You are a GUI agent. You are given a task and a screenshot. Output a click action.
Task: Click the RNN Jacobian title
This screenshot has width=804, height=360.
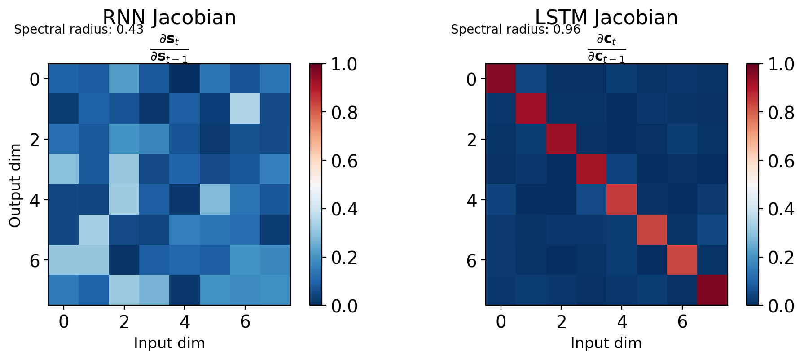click(169, 18)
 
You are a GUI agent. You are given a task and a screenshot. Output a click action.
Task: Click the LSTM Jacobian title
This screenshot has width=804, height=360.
click(606, 18)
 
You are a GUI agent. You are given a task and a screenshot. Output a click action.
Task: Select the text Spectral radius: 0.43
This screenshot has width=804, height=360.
click(79, 30)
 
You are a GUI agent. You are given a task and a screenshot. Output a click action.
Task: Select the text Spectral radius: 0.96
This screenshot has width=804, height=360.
click(515, 30)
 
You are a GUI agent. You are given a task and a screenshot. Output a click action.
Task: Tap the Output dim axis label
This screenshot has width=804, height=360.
click(15, 185)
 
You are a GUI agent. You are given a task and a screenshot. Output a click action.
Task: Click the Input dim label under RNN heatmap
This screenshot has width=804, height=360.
click(169, 343)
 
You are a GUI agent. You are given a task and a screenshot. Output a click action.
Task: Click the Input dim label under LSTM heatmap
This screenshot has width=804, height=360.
click(606, 343)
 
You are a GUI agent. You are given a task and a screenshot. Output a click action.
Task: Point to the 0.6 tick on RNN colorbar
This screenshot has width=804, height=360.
click(344, 161)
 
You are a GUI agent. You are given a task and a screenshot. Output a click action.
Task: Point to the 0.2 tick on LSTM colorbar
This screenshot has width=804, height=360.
click(781, 258)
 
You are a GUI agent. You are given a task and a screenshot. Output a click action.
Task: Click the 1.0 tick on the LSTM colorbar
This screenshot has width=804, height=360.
click(781, 65)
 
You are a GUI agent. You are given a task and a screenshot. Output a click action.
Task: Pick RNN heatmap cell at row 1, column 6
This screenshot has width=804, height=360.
click(245, 109)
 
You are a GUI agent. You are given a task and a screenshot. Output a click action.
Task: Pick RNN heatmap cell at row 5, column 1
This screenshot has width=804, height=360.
click(94, 230)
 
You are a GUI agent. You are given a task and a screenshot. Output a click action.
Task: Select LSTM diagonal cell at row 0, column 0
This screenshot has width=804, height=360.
click(501, 79)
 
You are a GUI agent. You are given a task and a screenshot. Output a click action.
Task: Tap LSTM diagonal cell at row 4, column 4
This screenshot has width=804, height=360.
click(622, 200)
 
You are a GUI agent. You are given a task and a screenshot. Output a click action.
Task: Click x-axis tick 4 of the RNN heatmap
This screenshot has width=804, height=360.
click(185, 322)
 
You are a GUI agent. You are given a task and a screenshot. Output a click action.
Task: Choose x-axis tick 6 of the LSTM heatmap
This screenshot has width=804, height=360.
click(682, 322)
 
